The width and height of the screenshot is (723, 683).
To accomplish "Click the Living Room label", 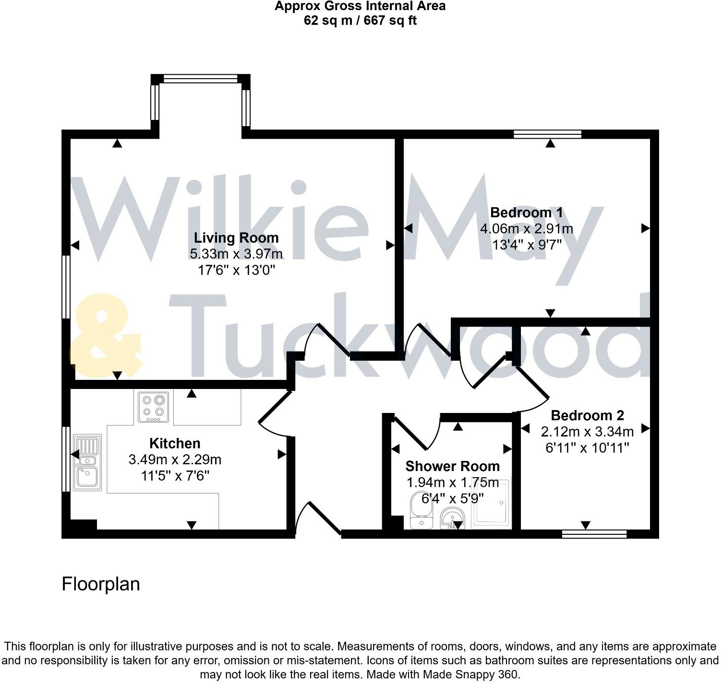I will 236,238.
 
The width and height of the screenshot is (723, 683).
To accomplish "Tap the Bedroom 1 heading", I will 526,212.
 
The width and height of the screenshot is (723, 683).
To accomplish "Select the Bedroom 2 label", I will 587,415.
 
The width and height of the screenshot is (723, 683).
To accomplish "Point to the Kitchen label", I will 175,443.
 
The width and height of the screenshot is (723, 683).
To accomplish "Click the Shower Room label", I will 452,466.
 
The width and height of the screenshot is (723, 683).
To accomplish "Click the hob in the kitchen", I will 154,407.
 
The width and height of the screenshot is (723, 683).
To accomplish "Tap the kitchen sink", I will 87,462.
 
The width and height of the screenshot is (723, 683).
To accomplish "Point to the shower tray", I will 492,504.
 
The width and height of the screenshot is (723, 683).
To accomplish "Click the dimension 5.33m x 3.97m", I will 236,254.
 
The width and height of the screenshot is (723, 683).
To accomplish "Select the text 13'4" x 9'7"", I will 526,245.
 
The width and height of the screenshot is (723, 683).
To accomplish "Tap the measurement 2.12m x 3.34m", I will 587,432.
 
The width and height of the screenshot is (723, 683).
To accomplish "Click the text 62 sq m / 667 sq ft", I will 360,21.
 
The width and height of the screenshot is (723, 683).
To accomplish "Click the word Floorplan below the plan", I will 101,584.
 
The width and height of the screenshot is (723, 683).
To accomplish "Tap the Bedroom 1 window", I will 547,134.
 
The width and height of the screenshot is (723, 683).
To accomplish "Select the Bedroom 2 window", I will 594,534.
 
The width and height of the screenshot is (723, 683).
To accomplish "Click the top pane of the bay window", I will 201,79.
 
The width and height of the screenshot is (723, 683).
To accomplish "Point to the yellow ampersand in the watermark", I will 106,336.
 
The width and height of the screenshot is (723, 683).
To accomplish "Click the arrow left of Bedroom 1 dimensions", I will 408,228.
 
